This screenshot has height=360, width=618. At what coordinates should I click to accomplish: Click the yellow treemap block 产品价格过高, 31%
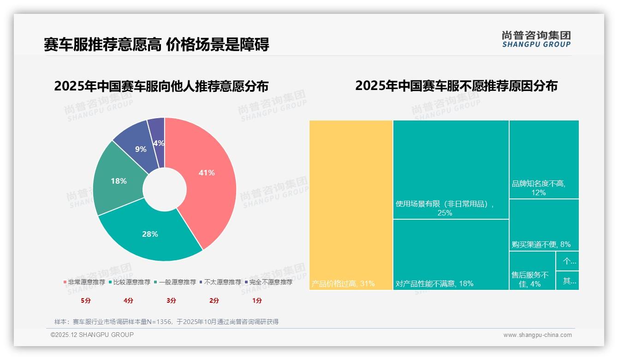(x=351, y=205)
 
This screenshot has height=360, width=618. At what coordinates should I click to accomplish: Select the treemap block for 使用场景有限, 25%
(x=451, y=169)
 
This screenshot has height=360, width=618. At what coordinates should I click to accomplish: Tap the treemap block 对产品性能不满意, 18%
(x=451, y=254)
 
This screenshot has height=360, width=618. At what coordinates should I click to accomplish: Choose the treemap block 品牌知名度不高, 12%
(x=544, y=159)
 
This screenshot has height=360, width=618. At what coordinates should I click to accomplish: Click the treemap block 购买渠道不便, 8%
(x=544, y=225)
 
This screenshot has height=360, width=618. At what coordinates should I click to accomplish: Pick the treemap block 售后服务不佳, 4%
(x=532, y=270)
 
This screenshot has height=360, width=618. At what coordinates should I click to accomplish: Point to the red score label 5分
(x=86, y=300)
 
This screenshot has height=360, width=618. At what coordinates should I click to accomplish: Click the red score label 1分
(x=257, y=300)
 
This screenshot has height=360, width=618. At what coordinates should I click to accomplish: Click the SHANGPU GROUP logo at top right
(x=536, y=39)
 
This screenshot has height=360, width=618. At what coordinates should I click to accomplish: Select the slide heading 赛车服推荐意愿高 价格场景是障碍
(x=156, y=45)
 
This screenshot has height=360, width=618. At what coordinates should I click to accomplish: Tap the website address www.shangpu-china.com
(x=537, y=335)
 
